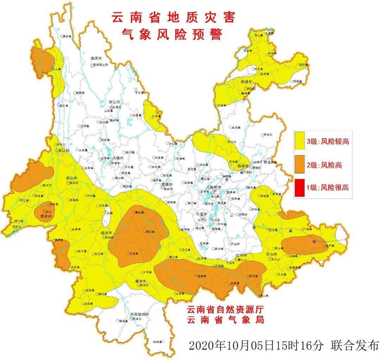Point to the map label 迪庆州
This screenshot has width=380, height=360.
(96, 58)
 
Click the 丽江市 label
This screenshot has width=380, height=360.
(115, 102)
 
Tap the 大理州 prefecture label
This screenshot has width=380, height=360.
(117, 159)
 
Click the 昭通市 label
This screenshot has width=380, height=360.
(246, 82)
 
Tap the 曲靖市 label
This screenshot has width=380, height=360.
(244, 166)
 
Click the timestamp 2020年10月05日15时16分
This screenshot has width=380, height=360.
(256, 345)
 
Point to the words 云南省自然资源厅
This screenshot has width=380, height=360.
(226, 310)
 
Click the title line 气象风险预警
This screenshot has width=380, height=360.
(172, 34)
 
